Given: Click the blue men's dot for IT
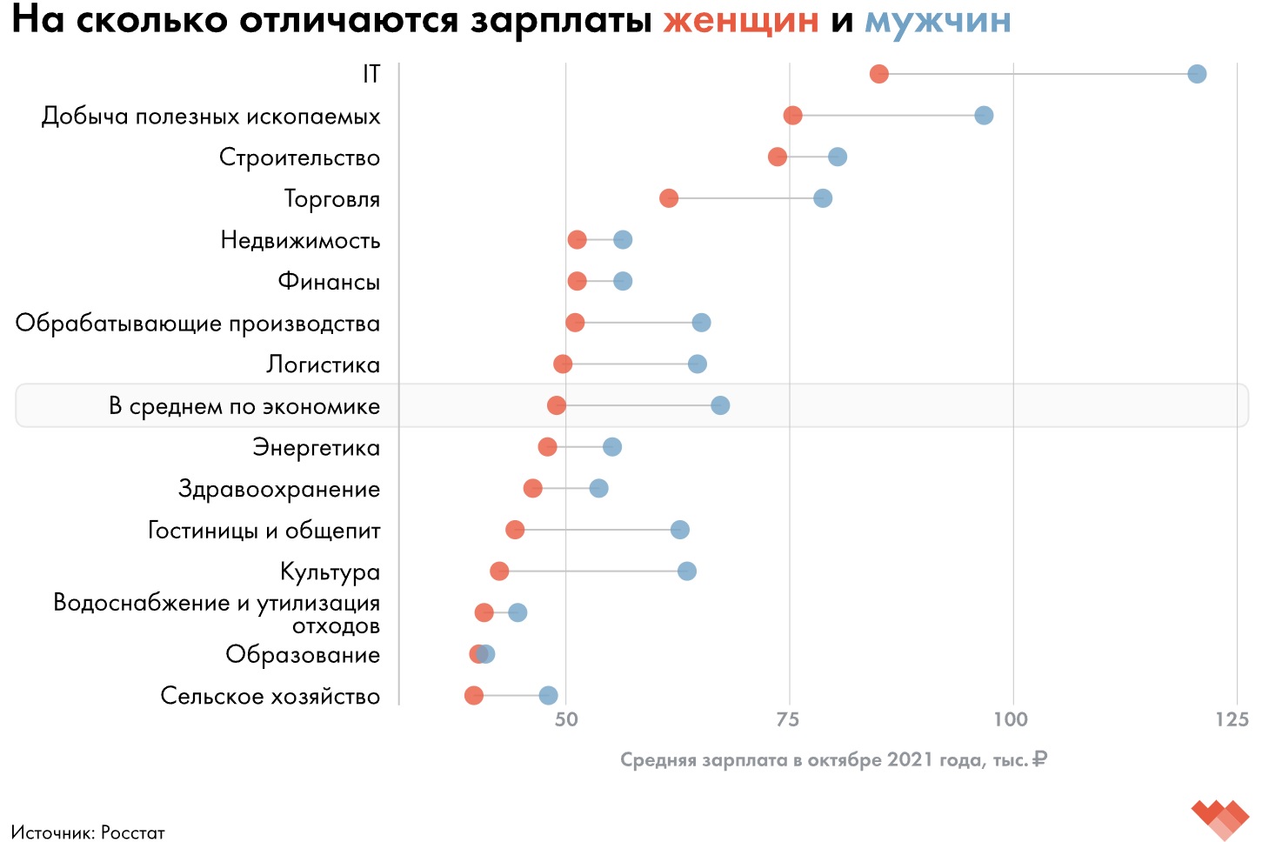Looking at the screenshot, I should (x=1197, y=74).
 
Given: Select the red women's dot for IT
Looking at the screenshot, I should (x=879, y=74).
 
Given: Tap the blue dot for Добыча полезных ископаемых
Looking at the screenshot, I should (x=984, y=116).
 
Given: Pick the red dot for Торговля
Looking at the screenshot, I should (x=669, y=198).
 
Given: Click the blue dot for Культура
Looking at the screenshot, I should (x=687, y=571).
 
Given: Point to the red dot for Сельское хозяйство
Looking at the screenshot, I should (x=474, y=695).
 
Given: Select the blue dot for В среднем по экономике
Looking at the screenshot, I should (x=720, y=405).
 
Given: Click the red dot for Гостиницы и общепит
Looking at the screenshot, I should (x=515, y=530).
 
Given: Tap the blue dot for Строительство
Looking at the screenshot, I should (x=838, y=157).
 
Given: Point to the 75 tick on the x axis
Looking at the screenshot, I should (x=788, y=719).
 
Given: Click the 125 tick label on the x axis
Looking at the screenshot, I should (x=1232, y=719).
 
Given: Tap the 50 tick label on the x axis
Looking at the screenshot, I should (x=566, y=719).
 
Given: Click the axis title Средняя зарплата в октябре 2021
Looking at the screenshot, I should (x=832, y=759).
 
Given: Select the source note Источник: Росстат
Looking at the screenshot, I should (x=88, y=832).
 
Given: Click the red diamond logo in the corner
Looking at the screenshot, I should (x=1220, y=819).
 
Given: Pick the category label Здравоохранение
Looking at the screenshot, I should (x=279, y=489).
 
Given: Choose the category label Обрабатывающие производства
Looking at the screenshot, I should (x=198, y=324).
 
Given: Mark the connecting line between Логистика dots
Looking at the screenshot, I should (x=631, y=364).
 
